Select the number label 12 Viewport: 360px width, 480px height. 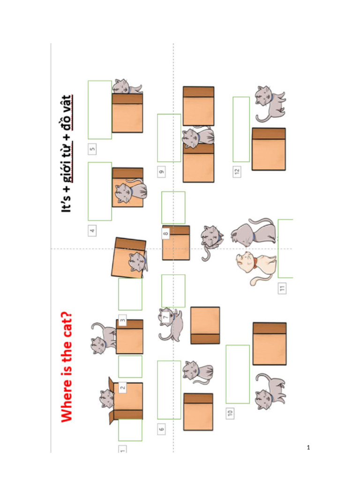[x=237, y=172]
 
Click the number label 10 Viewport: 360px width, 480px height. [x=230, y=413]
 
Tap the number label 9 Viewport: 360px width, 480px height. [x=161, y=172]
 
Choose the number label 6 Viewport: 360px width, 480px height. [x=161, y=428]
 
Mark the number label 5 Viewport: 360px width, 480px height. [x=92, y=149]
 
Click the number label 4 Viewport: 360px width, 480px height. [x=92, y=231]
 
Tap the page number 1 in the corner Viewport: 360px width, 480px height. [x=308, y=448]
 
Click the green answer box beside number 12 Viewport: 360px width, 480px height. [x=241, y=129]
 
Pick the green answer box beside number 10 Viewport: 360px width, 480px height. [x=238, y=374]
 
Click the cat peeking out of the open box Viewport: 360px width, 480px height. [x=107, y=399]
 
